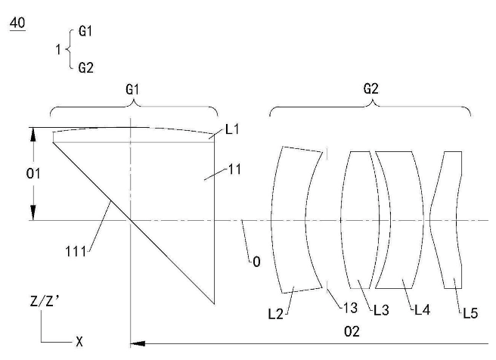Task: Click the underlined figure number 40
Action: pyautogui.click(x=17, y=23)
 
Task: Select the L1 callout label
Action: pyautogui.click(x=233, y=129)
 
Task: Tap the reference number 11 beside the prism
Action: pyautogui.click(x=234, y=169)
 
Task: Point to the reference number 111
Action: pyautogui.click(x=76, y=252)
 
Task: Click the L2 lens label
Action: pyautogui.click(x=276, y=314)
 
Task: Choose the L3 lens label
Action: pyautogui.click(x=381, y=310)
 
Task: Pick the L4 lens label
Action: pyautogui.click(x=423, y=310)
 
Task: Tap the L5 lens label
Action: pyautogui.click(x=470, y=313)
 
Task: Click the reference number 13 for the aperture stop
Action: pyautogui.click(x=350, y=308)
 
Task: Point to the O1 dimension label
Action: pyautogui.click(x=33, y=173)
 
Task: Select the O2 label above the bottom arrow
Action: pyautogui.click(x=352, y=331)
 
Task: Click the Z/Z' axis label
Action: pyautogui.click(x=45, y=301)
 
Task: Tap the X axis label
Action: pyautogui.click(x=79, y=342)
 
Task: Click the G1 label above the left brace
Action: pyautogui.click(x=132, y=89)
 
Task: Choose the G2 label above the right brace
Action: pyautogui.click(x=370, y=89)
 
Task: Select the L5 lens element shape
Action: pyautogui.click(x=445, y=220)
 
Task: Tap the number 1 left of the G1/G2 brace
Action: pyautogui.click(x=58, y=50)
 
